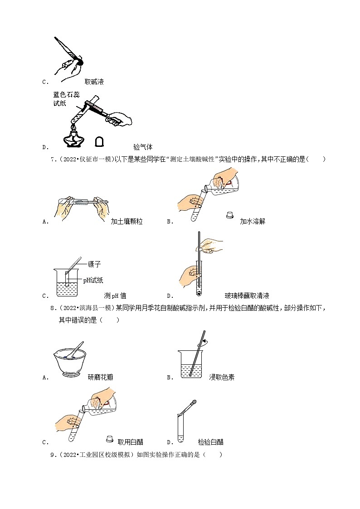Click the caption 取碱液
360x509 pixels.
tap(94, 82)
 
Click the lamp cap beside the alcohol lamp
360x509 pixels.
tap(99, 142)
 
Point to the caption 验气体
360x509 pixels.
tap(143, 147)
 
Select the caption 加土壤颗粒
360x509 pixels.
tap(126, 222)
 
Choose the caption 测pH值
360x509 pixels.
tap(115, 296)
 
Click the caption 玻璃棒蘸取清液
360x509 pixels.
tap(247, 296)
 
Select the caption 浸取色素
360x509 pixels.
tap(222, 377)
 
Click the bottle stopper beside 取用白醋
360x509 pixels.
tap(109, 438)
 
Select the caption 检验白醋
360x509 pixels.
tap(211, 442)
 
